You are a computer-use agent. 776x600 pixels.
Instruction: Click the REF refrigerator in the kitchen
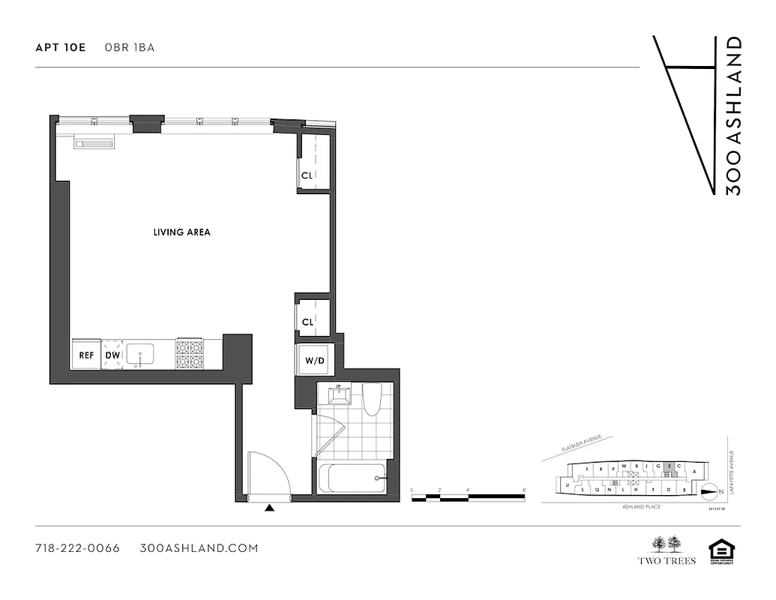(x=87, y=355)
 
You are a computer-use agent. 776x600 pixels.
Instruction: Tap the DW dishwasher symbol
(x=112, y=355)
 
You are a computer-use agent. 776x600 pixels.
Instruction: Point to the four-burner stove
(x=190, y=354)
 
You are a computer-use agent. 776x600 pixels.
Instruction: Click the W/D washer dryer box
(x=314, y=361)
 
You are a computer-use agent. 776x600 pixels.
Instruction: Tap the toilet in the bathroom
(x=372, y=399)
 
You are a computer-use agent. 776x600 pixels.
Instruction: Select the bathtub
(x=352, y=478)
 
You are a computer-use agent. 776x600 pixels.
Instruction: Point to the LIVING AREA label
(x=181, y=232)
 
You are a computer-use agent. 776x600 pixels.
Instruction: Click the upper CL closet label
(x=307, y=175)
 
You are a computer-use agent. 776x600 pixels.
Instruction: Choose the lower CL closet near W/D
(x=307, y=322)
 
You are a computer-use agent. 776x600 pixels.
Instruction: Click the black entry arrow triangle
(x=270, y=508)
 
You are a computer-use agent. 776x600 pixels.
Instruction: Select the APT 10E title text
(x=61, y=47)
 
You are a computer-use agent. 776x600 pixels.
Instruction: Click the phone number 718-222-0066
(x=78, y=548)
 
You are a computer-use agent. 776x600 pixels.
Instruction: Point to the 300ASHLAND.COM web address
(x=199, y=548)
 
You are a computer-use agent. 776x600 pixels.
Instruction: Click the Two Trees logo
(x=667, y=550)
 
